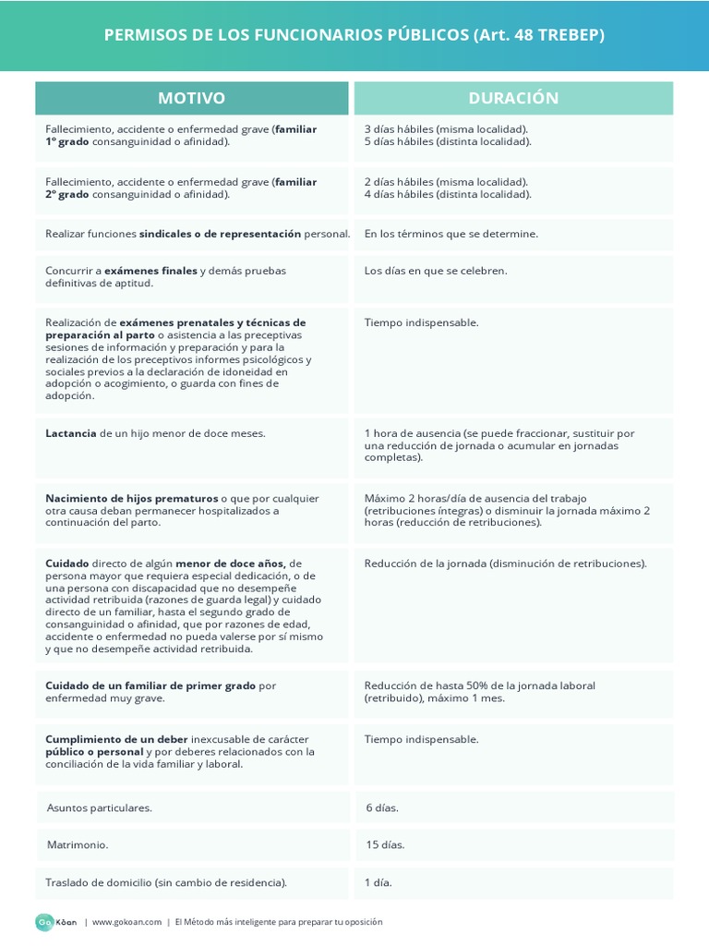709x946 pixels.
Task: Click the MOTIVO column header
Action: coord(191,98)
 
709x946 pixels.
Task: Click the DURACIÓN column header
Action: coord(513,98)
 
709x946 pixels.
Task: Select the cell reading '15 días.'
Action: coord(385,844)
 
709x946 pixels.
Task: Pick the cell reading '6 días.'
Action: coord(382,807)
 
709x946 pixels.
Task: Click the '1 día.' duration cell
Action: coord(379,882)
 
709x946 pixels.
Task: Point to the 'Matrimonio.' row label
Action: coord(78,844)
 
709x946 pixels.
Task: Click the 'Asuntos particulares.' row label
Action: coord(100,807)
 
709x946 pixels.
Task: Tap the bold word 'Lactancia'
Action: coord(71,433)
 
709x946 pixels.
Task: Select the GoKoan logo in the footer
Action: coord(56,922)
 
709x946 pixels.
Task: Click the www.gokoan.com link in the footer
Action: coord(126,922)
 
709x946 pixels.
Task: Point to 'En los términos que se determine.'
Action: coord(451,234)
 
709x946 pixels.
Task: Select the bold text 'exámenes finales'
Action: coord(151,271)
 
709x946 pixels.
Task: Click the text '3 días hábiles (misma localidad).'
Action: coord(447,129)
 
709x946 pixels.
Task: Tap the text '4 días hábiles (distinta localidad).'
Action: coord(448,194)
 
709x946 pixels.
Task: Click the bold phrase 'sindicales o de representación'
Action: coord(220,234)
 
